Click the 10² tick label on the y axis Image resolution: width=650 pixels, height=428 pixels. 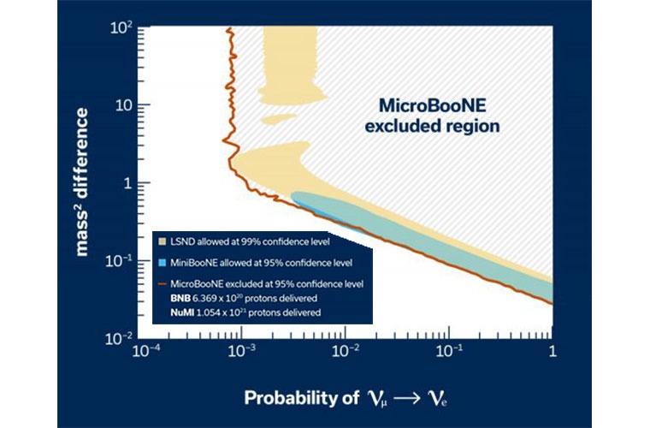(121, 29)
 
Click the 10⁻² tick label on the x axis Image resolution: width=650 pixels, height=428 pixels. (345, 352)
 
